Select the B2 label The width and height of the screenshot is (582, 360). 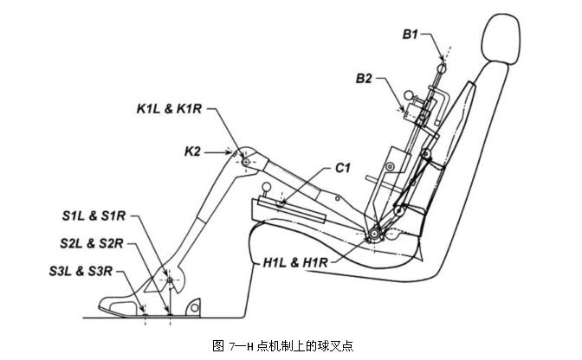[x=364, y=80]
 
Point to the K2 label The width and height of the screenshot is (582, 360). [x=192, y=151]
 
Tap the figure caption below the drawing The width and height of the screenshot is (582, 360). [x=285, y=345]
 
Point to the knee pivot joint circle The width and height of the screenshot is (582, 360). [x=245, y=162]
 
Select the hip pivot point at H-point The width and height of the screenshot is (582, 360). [x=374, y=233]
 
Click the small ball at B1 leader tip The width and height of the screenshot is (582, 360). [x=443, y=67]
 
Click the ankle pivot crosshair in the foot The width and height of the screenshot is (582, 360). [x=171, y=280]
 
